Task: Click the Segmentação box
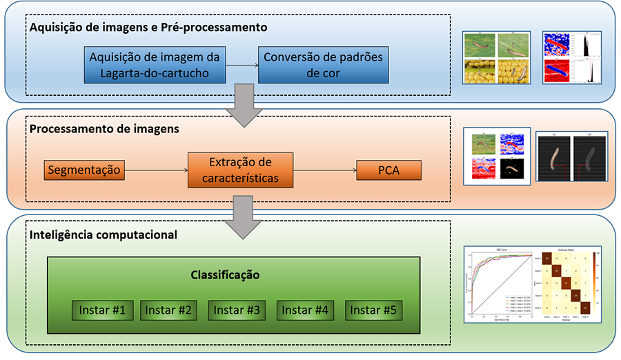[x=84, y=170]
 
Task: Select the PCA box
[x=388, y=170]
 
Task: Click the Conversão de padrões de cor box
[x=322, y=64]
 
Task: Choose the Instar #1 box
[x=101, y=310]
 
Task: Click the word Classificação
[x=225, y=275]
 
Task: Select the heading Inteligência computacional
[x=103, y=234]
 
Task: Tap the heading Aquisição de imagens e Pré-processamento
[x=148, y=28]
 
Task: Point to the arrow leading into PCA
[x=324, y=170]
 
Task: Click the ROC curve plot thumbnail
[x=498, y=283]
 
